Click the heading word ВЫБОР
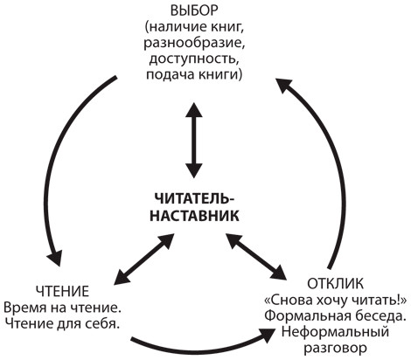coord(194,11)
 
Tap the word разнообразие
coord(194,43)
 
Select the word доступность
coord(193,59)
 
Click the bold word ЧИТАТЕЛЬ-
coord(194,200)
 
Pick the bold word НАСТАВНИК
coord(194,216)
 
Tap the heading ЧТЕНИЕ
coord(62,291)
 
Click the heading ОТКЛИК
coord(336,283)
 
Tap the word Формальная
coord(306,315)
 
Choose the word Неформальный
coord(335,332)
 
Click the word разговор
coord(335,349)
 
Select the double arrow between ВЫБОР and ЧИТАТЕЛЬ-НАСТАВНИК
coord(194,140)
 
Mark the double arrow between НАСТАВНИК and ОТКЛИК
coord(256,256)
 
